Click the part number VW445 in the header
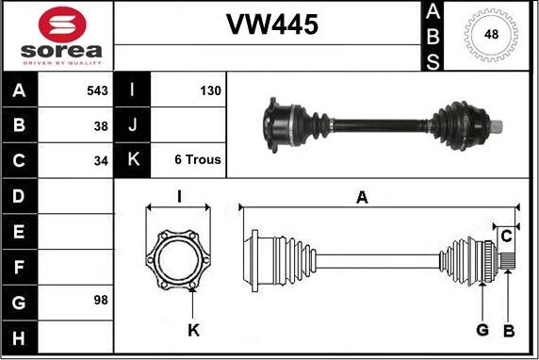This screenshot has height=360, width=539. click(272, 25)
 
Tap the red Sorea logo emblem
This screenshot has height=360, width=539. click(62, 25)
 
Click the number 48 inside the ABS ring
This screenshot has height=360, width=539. click(491, 34)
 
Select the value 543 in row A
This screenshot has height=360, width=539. click(97, 90)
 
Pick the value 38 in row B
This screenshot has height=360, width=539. click(101, 126)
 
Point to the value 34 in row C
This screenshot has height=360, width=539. click(101, 160)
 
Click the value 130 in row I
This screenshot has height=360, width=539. click(210, 90)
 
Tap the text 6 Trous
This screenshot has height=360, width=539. click(198, 159)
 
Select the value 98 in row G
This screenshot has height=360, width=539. click(101, 300)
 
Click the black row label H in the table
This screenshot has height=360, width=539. click(19, 338)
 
